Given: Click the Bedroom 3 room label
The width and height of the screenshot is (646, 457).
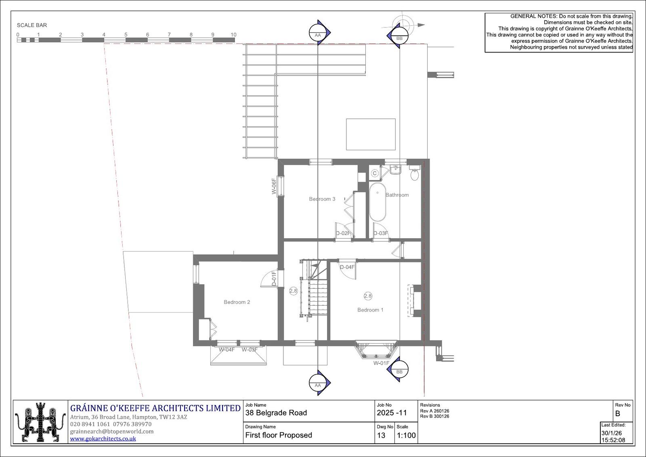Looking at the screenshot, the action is [322, 199].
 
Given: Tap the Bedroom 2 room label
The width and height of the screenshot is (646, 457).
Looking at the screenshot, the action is [237, 302].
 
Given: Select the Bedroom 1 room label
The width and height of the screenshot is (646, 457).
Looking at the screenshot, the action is [370, 310].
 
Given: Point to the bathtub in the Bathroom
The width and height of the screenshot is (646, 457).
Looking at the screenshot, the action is [378, 202].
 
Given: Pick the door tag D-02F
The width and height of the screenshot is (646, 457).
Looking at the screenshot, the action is [343, 233].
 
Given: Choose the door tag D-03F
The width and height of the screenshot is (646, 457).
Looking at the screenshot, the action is [381, 233].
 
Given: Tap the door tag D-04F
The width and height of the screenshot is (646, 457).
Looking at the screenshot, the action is [347, 267].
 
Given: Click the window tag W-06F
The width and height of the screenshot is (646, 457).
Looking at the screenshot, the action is [274, 186].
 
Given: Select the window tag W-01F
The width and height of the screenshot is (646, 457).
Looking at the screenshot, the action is [381, 363].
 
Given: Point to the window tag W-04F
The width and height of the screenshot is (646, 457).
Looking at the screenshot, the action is [227, 350].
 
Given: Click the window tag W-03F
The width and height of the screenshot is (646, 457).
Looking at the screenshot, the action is [250, 350].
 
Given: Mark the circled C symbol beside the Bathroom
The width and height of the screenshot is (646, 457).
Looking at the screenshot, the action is [375, 173].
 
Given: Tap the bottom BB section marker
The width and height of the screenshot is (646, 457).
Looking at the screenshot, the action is [398, 369].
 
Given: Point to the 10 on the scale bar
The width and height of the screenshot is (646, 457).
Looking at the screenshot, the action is [233, 35].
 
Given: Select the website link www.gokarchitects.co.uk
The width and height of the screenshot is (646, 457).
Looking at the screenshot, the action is [103, 438].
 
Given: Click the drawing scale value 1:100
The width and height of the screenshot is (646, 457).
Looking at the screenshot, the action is [406, 435].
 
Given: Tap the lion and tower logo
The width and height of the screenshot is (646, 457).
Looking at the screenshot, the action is [40, 422].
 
